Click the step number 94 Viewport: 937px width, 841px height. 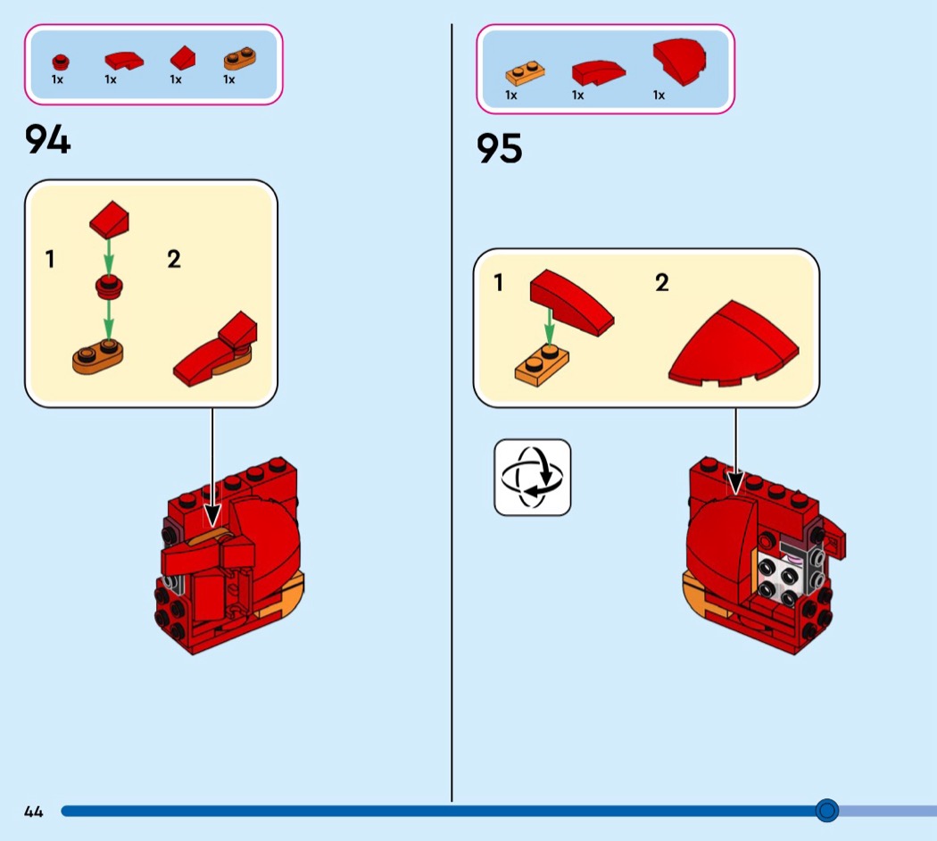[x=48, y=139]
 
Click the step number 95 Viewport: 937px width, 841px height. [x=500, y=148]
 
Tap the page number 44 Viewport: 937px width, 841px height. [x=34, y=812]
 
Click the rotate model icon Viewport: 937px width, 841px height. [x=533, y=478]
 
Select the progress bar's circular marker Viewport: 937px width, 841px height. [x=827, y=810]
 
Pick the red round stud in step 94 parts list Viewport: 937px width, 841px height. [x=61, y=62]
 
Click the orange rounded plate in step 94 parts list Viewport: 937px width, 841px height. [x=240, y=59]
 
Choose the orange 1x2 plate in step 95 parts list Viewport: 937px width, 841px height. [x=525, y=73]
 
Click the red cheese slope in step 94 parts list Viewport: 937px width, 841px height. [x=183, y=58]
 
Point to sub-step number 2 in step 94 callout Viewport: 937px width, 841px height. [x=174, y=259]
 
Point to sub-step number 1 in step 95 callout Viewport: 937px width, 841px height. [x=498, y=282]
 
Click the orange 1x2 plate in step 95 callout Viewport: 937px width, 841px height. [x=542, y=365]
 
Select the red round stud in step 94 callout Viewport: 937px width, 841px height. [x=109, y=287]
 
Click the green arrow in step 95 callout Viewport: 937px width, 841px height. [x=550, y=327]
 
